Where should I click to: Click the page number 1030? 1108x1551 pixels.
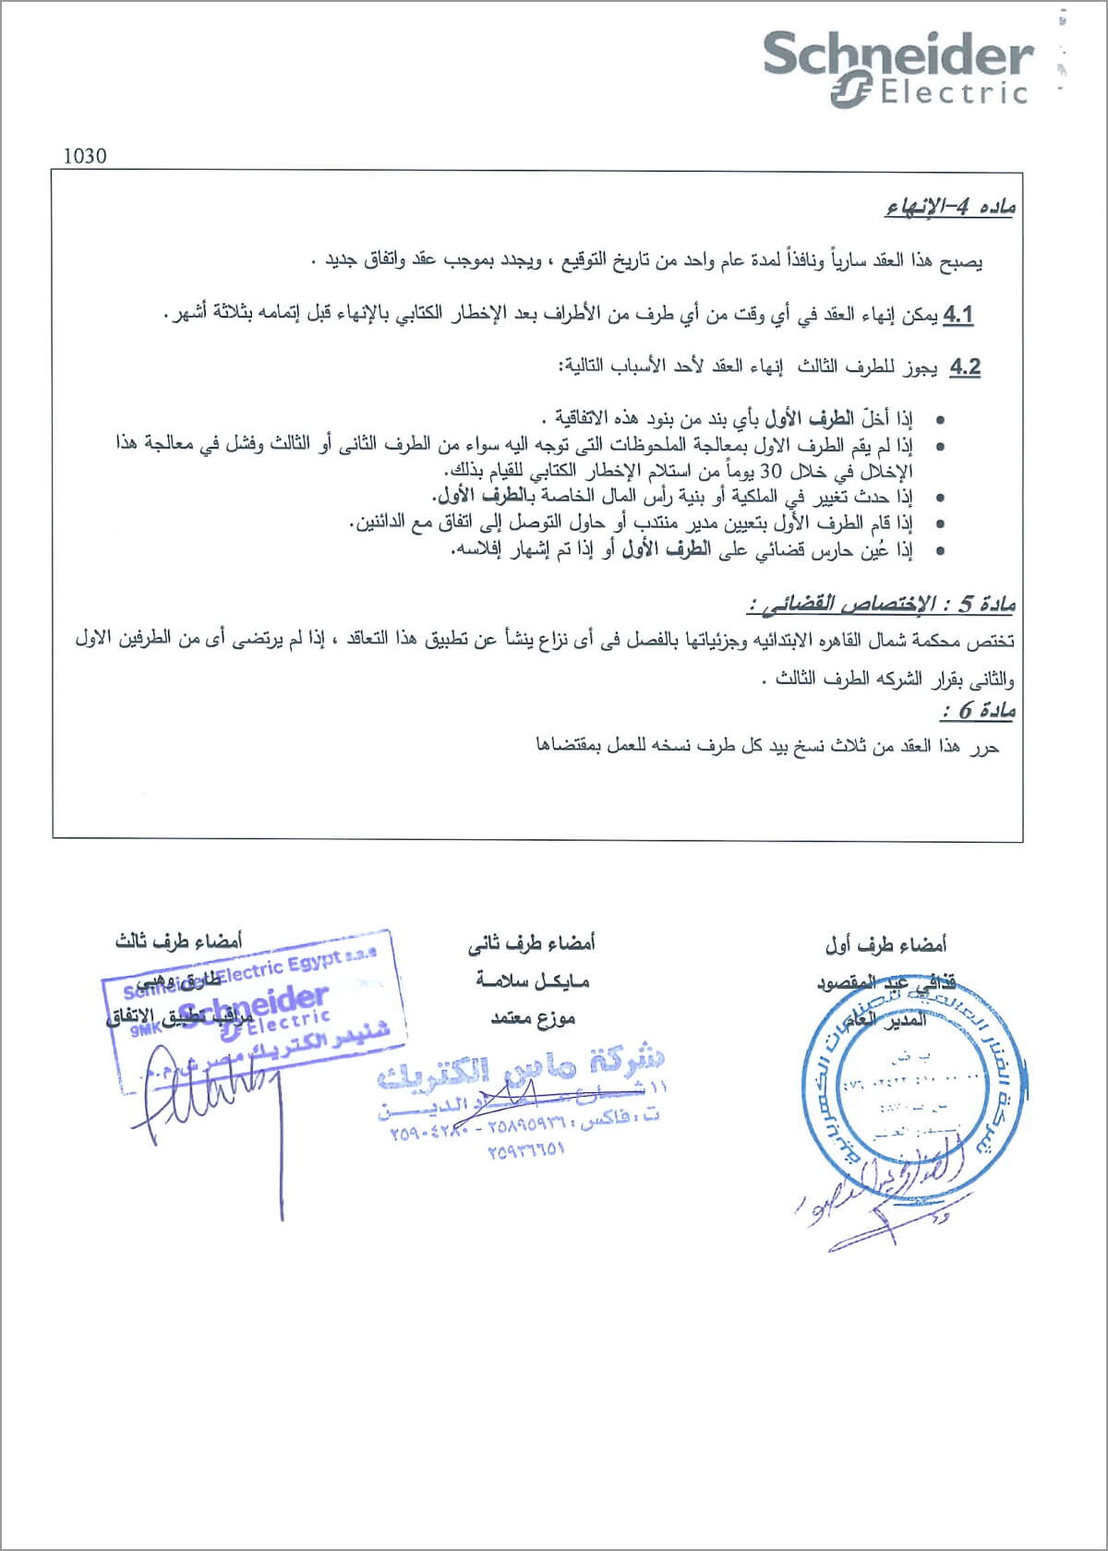coord(85,156)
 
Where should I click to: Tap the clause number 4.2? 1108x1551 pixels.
coord(964,367)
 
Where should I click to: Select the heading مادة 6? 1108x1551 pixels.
coord(978,711)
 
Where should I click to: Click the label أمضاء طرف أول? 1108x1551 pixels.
coord(885,945)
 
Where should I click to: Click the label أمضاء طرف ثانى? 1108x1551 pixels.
coord(532,943)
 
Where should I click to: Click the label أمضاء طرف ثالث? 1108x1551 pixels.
coord(178,942)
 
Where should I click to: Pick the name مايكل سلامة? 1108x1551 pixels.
coord(533,980)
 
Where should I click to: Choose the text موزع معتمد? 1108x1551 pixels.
coord(534,1017)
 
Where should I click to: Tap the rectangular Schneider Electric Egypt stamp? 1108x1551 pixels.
coord(254,1002)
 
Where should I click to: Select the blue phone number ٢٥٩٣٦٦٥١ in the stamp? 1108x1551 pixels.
coord(524,1149)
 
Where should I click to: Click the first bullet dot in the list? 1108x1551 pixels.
coord(940,421)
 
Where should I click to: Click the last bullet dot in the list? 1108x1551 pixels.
coord(940,551)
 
